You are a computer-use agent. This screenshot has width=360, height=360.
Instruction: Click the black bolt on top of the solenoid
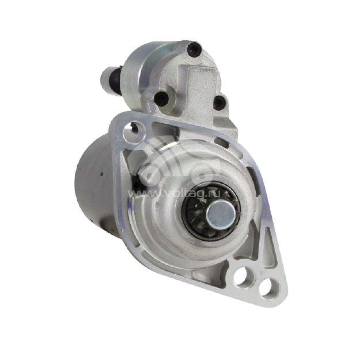click(x=194, y=50)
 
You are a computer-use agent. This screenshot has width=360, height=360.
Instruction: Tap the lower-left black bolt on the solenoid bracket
click(x=161, y=98)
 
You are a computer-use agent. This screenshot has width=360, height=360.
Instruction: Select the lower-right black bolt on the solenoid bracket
click(x=219, y=102)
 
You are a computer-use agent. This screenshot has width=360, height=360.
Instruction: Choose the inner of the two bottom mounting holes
click(x=244, y=275)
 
